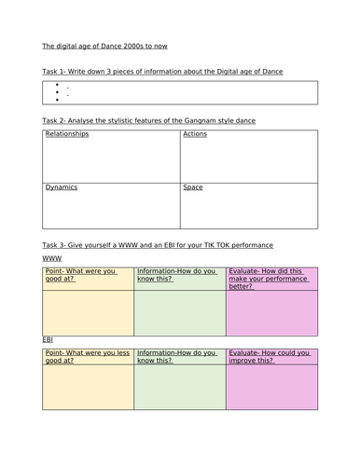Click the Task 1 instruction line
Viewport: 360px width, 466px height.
point(163,71)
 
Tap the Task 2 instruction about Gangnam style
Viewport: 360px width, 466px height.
point(149,121)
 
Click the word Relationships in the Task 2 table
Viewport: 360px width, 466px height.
point(67,135)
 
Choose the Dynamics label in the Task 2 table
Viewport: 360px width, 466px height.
point(62,187)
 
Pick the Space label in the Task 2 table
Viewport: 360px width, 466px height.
point(193,187)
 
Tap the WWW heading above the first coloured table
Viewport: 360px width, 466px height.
point(52,257)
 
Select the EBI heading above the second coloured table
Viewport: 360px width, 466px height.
point(48,339)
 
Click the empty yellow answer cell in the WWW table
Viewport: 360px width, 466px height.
point(88,312)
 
